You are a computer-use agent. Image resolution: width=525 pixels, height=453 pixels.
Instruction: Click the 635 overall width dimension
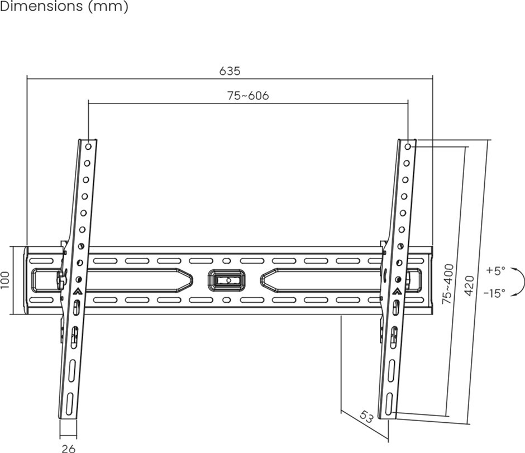[230, 71]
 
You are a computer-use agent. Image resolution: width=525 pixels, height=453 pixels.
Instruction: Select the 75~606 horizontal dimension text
[248, 96]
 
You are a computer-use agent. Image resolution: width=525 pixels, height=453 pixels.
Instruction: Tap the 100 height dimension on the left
[4, 280]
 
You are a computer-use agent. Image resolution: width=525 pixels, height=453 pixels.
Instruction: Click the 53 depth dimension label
[366, 417]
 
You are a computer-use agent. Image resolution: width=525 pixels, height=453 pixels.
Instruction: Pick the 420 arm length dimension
[470, 285]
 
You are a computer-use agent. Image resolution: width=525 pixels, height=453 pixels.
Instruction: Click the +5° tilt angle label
[495, 270]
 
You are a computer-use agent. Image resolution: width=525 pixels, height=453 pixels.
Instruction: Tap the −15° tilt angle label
[494, 293]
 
